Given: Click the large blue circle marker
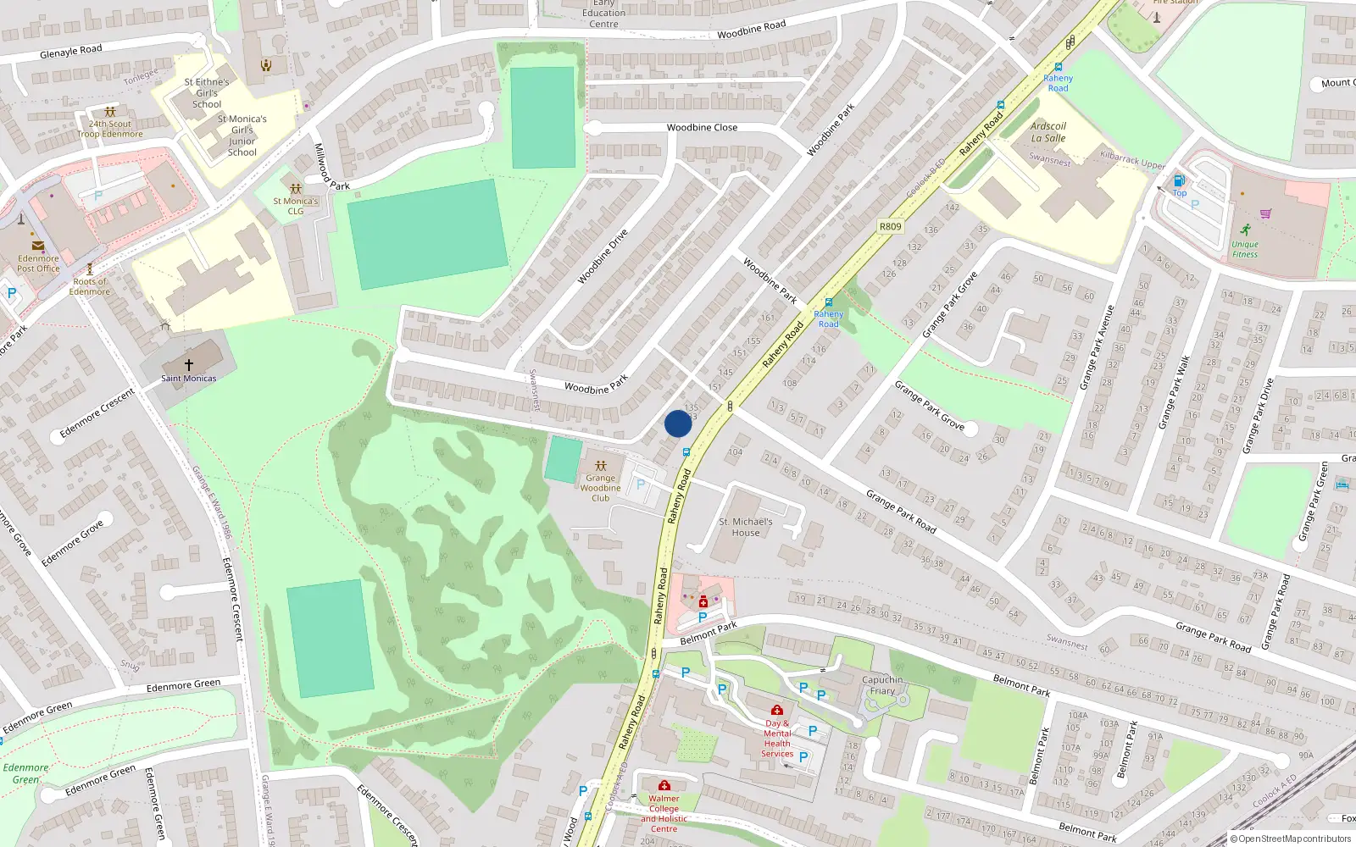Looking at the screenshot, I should point(678,423).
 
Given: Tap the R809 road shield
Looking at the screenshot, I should point(890,226).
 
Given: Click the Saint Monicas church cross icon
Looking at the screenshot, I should point(189,364).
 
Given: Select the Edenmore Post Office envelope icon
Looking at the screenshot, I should point(38,246).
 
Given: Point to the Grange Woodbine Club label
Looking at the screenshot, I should point(601,488).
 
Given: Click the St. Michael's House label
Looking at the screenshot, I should point(746,527).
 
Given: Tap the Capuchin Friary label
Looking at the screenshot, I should point(882,685).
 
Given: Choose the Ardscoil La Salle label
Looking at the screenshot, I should point(1048,132).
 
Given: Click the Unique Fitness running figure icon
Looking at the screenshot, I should point(1245,230).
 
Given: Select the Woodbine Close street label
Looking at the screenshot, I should point(702,128).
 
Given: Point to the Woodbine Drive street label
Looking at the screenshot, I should point(603,256).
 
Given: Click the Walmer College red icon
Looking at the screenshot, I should point(664,785).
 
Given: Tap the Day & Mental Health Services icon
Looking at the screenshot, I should point(776,710).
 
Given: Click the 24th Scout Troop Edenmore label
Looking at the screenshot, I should point(110,129).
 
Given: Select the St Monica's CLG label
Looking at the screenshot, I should point(296,206).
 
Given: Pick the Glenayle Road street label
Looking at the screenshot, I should point(71,52).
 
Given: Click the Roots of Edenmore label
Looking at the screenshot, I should point(90,286).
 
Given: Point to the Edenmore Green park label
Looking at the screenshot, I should point(25,773).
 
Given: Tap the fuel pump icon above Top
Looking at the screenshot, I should point(1179,180).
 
